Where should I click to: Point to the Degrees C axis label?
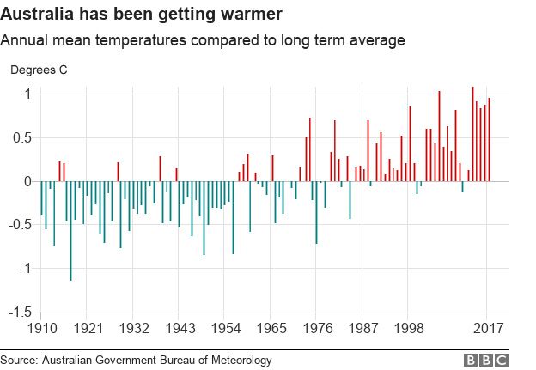click(39, 69)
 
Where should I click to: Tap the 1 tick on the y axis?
click(27, 94)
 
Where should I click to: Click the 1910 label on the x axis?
click(41, 329)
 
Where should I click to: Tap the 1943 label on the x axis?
click(180, 329)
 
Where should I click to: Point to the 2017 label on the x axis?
click(488, 329)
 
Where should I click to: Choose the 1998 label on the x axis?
click(410, 329)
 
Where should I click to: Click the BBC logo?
click(486, 361)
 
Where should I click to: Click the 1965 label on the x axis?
click(271, 329)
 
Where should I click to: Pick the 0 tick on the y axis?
click(27, 181)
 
